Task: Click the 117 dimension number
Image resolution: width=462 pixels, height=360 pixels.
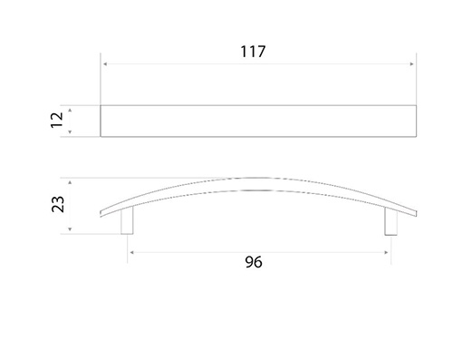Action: coord(253,52)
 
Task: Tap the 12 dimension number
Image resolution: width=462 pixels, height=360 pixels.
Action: coord(57,120)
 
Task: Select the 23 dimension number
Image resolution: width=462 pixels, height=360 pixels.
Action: coord(58,204)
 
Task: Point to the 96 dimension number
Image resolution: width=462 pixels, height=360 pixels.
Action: coord(254,262)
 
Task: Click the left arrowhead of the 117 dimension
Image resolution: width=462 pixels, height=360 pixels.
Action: coord(105,64)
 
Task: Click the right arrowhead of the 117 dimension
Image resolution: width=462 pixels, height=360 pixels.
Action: coord(412,64)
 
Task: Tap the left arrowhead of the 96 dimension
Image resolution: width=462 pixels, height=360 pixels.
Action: coord(131,252)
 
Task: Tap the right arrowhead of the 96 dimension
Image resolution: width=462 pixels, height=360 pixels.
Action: coord(387,252)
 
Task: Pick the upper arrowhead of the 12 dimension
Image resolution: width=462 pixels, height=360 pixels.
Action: coord(70,111)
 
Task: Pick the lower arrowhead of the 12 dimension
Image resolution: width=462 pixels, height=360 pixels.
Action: coord(70,132)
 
